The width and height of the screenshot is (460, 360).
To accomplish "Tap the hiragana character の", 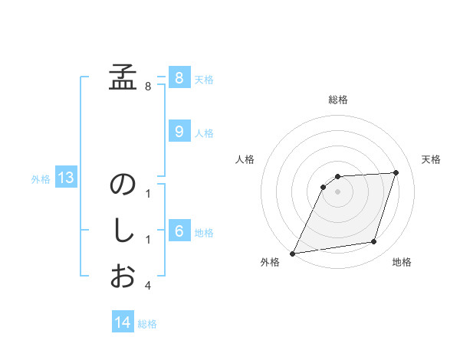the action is [122, 185].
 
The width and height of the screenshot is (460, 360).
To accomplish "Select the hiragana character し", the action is [122, 231].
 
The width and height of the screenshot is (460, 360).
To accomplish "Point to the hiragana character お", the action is [122, 275].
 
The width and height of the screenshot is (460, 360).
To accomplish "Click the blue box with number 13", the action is [65, 178].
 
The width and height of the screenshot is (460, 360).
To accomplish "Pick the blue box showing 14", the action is [123, 322].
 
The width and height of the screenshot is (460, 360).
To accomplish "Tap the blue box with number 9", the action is [179, 132].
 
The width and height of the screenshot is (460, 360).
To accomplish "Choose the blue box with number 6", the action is [179, 231].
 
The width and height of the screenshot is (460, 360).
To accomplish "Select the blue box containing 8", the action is [179, 77].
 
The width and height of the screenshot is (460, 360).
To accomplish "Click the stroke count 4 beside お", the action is [148, 286].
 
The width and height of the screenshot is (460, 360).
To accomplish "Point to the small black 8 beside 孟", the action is [148, 86].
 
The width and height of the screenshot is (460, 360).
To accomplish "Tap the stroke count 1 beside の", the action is [148, 195].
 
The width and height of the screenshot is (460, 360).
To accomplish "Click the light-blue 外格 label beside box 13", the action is [41, 179].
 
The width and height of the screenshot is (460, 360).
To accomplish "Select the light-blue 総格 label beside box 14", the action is [147, 323].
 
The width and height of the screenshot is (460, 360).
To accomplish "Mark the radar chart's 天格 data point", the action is [396, 172].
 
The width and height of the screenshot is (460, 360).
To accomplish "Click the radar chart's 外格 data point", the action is [292, 253].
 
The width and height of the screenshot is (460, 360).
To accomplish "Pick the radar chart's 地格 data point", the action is [374, 242].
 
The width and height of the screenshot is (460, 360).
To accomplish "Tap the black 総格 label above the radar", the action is [338, 100].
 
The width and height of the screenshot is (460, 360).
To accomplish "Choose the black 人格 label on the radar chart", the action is [245, 159].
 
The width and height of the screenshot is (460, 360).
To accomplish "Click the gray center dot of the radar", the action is [337, 191].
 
